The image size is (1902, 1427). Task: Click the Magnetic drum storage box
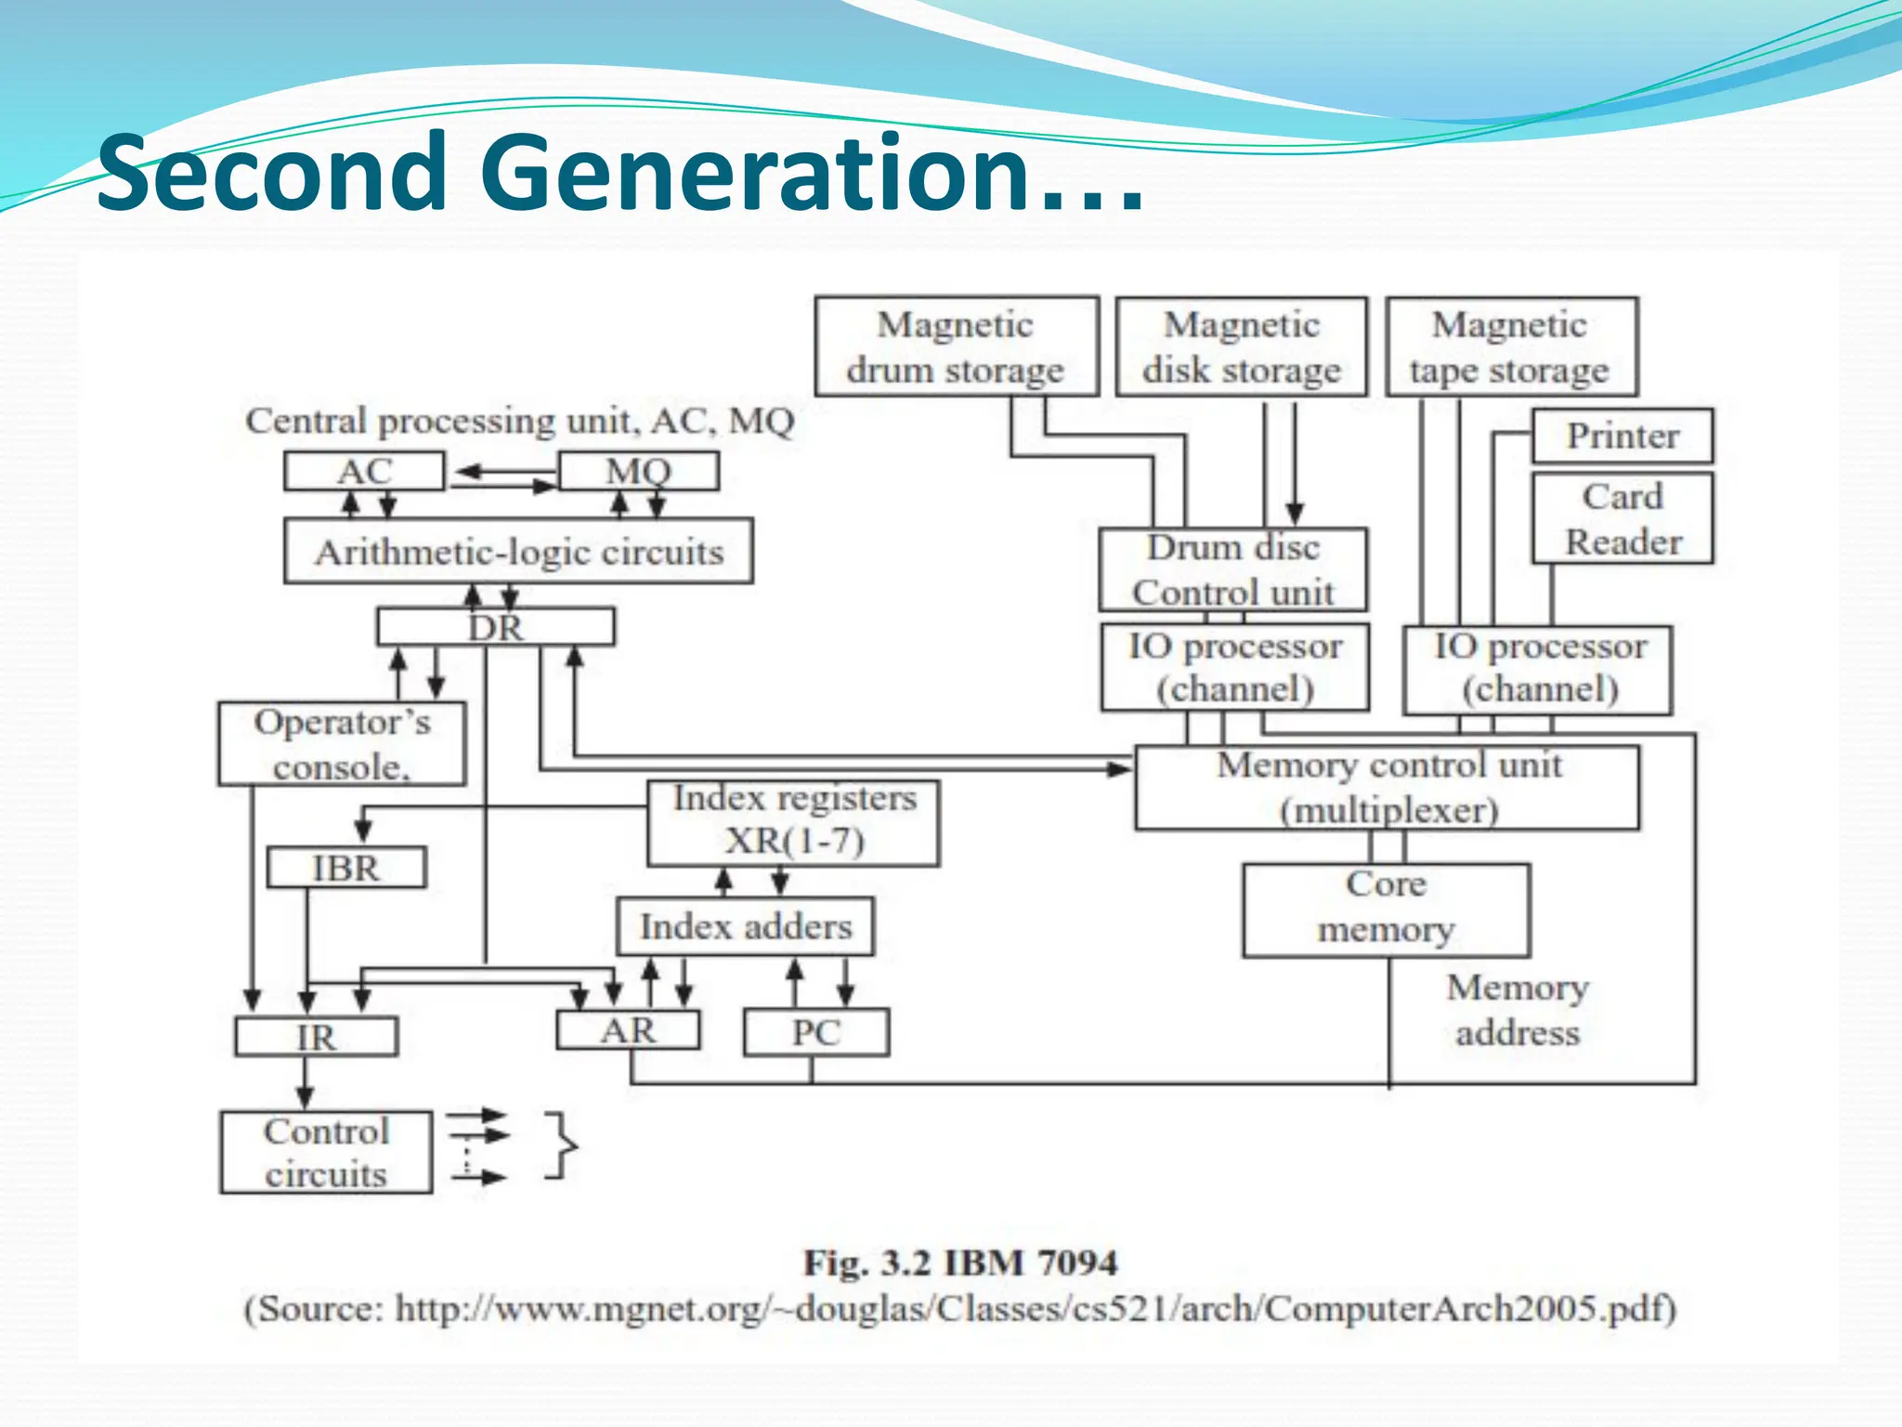click(957, 347)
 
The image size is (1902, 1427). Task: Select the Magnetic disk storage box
click(1241, 347)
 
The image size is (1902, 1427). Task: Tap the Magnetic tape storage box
click(1511, 347)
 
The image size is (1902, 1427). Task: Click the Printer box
click(1622, 436)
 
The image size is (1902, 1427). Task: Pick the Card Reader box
click(1622, 518)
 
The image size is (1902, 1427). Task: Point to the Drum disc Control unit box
click(1232, 569)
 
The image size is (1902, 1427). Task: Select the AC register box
click(364, 471)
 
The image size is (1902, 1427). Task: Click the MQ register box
click(639, 471)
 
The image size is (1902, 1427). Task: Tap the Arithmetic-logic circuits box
click(518, 552)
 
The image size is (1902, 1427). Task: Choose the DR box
click(495, 627)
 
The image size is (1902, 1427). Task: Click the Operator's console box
click(342, 744)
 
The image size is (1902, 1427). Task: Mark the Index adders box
click(745, 926)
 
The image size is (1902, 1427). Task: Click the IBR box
click(346, 868)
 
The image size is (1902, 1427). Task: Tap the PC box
click(816, 1032)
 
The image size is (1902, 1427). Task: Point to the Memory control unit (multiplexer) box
click(1387, 788)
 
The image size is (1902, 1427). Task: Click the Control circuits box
click(326, 1152)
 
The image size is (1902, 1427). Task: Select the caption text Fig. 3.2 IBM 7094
click(960, 1263)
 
